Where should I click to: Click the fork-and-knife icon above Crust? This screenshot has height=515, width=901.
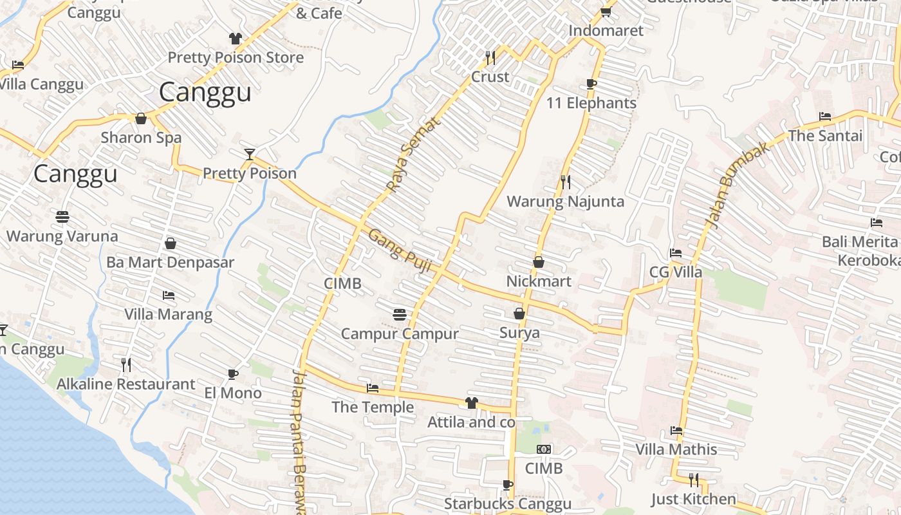(x=490, y=58)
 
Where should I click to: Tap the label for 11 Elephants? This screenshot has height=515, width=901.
(x=591, y=103)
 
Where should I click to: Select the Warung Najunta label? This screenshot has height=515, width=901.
(x=565, y=201)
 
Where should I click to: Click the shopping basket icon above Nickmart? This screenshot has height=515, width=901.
(x=539, y=262)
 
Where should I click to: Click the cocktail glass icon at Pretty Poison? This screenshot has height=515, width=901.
(x=250, y=154)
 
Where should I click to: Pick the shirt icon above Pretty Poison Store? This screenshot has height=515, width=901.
(x=236, y=39)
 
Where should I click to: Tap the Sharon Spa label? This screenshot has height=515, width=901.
(x=141, y=138)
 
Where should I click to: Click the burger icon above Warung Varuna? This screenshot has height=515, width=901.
(x=62, y=217)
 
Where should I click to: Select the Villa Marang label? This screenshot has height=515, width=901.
(x=168, y=314)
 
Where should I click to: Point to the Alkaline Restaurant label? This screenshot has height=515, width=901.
(x=125, y=384)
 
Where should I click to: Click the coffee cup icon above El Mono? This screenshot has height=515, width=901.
(x=233, y=374)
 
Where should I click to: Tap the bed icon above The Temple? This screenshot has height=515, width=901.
(x=373, y=388)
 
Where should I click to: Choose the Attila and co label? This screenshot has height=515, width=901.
(x=472, y=422)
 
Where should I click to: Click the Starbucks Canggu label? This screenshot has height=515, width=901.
(x=507, y=503)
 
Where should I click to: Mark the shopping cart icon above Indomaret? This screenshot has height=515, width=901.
(x=606, y=12)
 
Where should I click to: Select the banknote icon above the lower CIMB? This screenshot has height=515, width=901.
(x=544, y=449)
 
